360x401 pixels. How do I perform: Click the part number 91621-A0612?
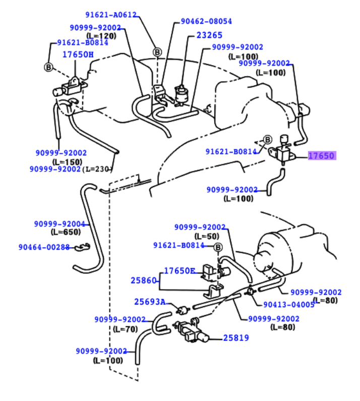click(111, 15)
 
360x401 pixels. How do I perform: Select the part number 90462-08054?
click(206, 21)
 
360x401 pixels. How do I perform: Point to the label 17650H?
click(78, 54)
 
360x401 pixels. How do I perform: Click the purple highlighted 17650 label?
click(322, 156)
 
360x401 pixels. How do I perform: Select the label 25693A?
click(149, 302)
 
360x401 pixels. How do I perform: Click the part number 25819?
click(236, 338)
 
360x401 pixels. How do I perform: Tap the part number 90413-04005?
click(289, 305)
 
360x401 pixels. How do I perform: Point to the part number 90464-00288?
click(44, 247)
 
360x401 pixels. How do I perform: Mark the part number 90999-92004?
click(60, 223)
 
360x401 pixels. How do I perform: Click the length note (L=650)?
click(65, 232)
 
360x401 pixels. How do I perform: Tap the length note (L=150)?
click(67, 161)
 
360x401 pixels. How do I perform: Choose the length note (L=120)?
click(101, 36)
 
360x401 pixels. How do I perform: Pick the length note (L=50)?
click(207, 236)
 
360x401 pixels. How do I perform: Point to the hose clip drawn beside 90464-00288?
click(82, 247)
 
